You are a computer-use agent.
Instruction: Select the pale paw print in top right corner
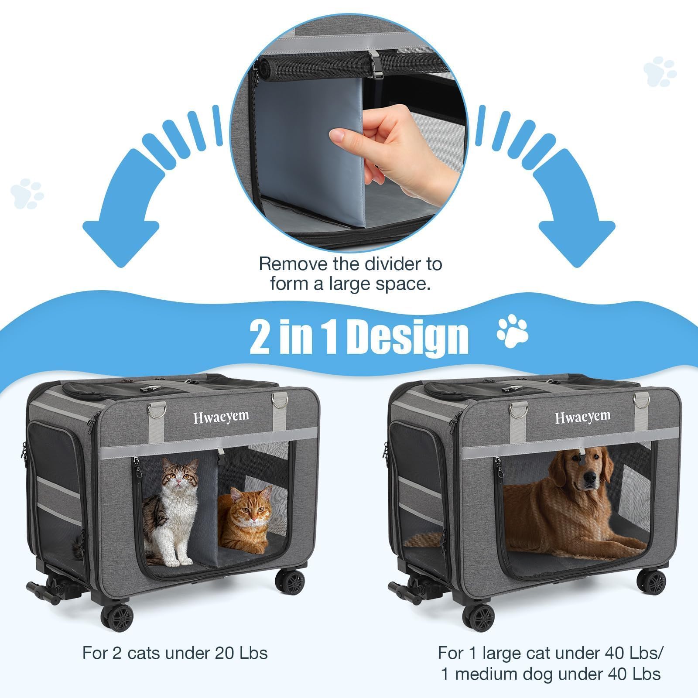tap(660, 72)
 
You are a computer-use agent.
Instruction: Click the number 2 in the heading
tap(260, 337)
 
